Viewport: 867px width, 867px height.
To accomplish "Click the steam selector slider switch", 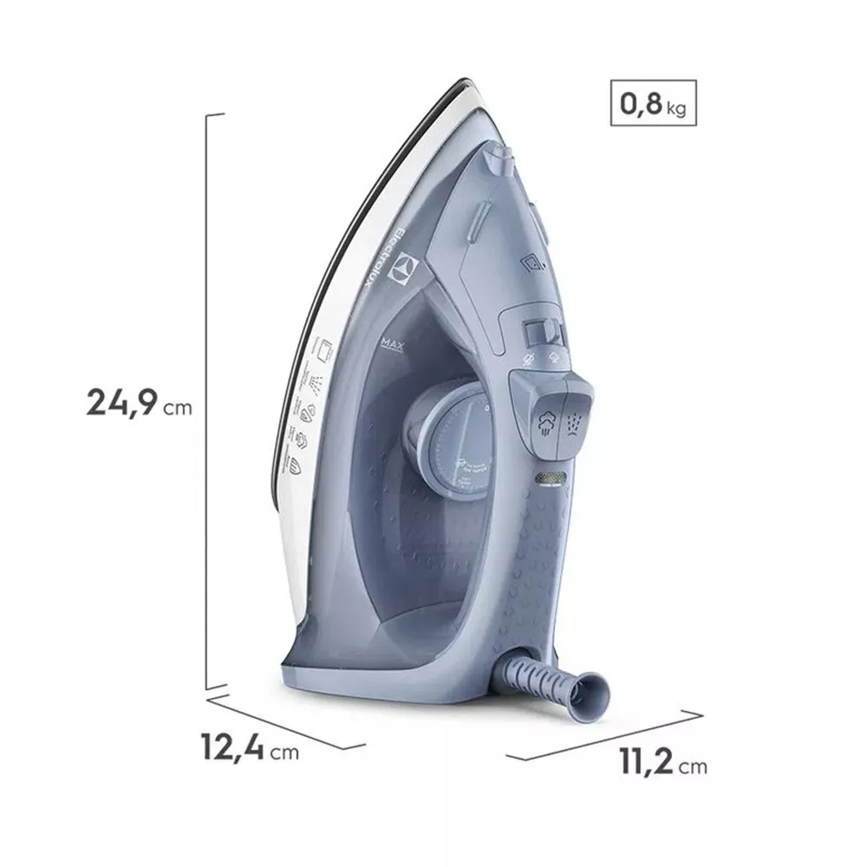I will click(542, 333).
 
